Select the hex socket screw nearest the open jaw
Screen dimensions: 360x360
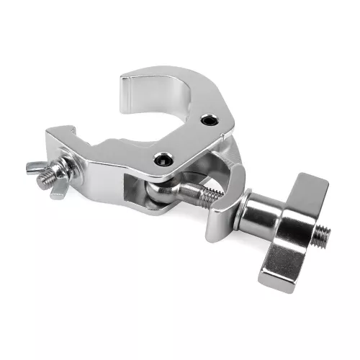point(208,120)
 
